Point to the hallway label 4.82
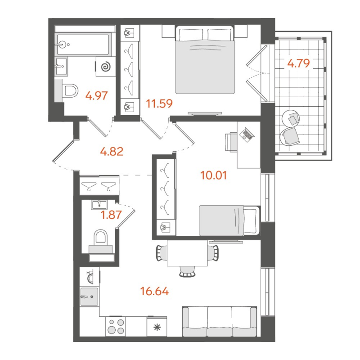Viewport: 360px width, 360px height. [112, 151]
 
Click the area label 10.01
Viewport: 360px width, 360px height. [214, 175]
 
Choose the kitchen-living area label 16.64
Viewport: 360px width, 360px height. [154, 292]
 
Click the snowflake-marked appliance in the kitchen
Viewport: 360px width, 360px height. [157, 327]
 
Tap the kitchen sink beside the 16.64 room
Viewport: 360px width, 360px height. [89, 297]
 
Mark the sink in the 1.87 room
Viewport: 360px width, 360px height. [99, 205]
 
